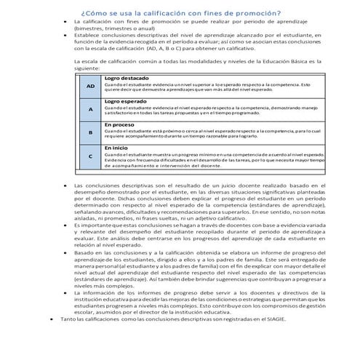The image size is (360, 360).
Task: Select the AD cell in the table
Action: (90, 87)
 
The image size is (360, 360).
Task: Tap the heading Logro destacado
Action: (126, 78)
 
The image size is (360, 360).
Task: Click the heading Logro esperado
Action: (124, 101)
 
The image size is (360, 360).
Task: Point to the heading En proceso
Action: (119, 124)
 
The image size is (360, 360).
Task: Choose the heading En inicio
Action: (116, 148)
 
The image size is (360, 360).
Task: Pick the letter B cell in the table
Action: (90, 133)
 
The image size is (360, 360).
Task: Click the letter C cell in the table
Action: (90, 156)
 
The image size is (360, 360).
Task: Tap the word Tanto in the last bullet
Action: (68, 339)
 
